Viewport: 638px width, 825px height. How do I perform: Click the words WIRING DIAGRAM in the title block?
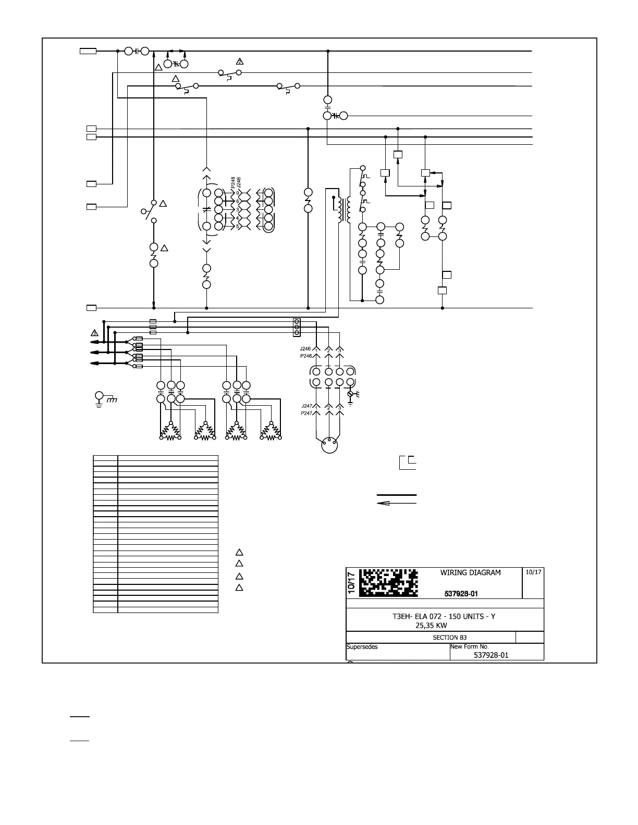point(470,572)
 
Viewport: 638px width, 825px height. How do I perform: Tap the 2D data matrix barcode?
point(389,582)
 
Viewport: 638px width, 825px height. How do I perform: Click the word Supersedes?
point(362,647)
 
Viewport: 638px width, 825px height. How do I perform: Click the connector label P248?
point(232,183)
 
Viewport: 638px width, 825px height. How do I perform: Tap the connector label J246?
point(305,348)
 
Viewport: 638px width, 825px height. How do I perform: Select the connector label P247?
point(306,413)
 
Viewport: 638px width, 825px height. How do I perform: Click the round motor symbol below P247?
point(329,446)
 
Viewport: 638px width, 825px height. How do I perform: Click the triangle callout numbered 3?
point(94,332)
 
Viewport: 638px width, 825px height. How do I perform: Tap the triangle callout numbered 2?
point(239,61)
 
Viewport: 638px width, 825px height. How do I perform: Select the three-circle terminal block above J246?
point(297,327)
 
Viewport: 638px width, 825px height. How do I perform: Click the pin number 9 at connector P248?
point(238,193)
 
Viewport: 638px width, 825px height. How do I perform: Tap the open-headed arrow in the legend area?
point(396,503)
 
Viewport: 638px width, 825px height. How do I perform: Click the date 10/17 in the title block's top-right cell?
point(533,572)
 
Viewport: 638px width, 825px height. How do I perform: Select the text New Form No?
point(469,647)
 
